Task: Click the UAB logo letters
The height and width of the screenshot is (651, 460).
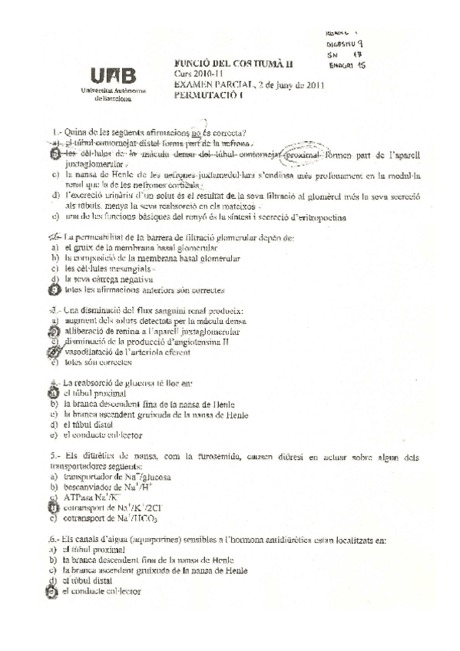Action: (x=113, y=75)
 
